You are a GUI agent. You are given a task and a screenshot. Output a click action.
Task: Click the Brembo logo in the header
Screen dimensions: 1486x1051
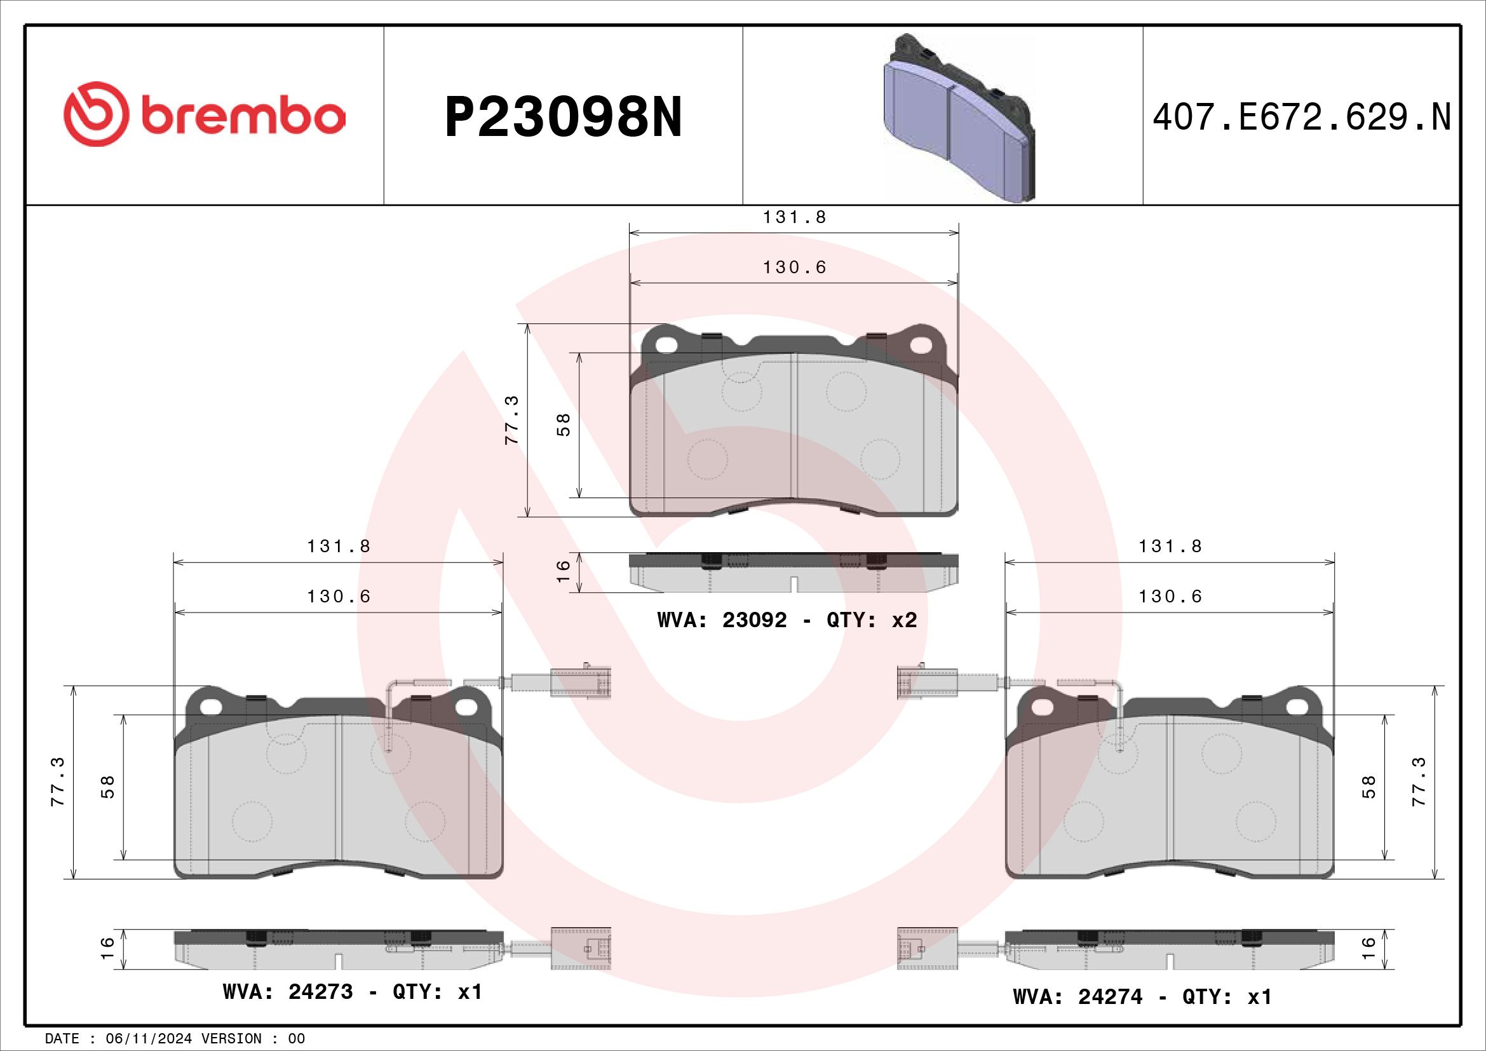click(x=204, y=114)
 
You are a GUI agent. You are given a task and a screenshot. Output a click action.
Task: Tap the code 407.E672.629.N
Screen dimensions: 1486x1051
click(x=1302, y=117)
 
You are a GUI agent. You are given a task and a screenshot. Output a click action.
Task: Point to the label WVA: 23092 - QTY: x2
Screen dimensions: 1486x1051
click(x=787, y=620)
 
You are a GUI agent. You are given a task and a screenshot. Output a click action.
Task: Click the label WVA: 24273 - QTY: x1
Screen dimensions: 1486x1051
click(x=353, y=991)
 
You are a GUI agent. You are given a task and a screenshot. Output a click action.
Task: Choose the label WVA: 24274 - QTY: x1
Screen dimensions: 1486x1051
click(x=1142, y=996)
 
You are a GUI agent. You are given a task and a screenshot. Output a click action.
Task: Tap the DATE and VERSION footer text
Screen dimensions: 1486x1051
click(x=175, y=1039)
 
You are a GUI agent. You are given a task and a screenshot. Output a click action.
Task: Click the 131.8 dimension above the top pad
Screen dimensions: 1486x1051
click(x=795, y=217)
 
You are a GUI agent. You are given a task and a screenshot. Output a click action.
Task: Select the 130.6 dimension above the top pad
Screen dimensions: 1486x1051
click(x=795, y=268)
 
